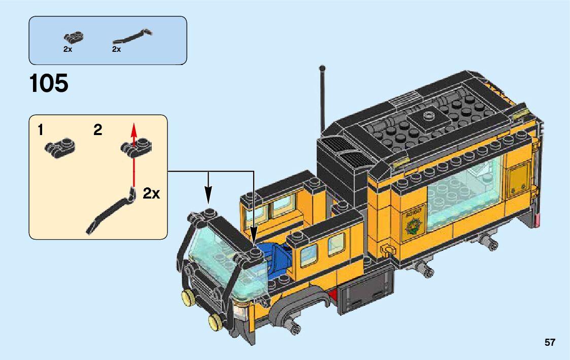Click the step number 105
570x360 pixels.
pyautogui.click(x=49, y=83)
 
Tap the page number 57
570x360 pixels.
pyautogui.click(x=550, y=342)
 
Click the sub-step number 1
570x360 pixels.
pyautogui.click(x=40, y=130)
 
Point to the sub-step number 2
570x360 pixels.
pyautogui.click(x=98, y=130)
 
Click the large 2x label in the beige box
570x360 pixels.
pyautogui.click(x=151, y=193)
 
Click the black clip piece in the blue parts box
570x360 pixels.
pyautogui.click(x=73, y=37)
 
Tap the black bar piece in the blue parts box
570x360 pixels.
pyautogui.click(x=132, y=37)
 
